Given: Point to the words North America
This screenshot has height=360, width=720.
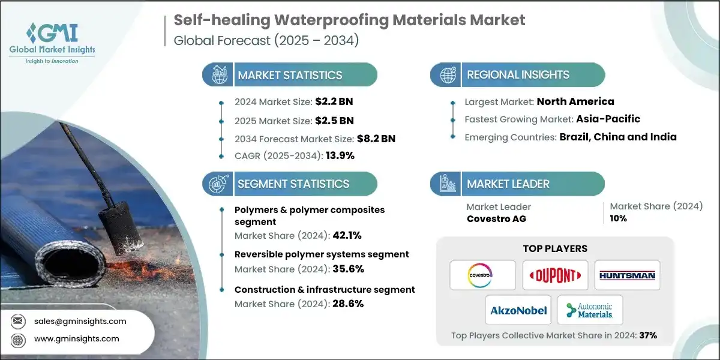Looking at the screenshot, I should pos(575,101).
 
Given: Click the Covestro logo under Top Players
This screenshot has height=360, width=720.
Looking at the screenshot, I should pos(482,275).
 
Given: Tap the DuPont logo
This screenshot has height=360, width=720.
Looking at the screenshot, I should pos(554,275).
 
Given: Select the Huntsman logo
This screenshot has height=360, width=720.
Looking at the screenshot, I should pos(627,275).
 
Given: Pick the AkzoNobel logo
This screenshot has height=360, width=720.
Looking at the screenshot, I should pos(519,310).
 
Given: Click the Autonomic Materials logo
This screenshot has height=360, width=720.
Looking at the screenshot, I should pos(590,310).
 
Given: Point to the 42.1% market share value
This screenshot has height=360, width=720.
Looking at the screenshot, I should pos(346,235).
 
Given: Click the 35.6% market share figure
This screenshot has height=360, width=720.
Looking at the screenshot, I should pos(346,269).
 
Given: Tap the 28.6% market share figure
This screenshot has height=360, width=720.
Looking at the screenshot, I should pos(347,304).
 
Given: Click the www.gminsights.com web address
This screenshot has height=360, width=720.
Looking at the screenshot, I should pos(76,338).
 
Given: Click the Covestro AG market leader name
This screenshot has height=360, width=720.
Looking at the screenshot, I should pos(496,218).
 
